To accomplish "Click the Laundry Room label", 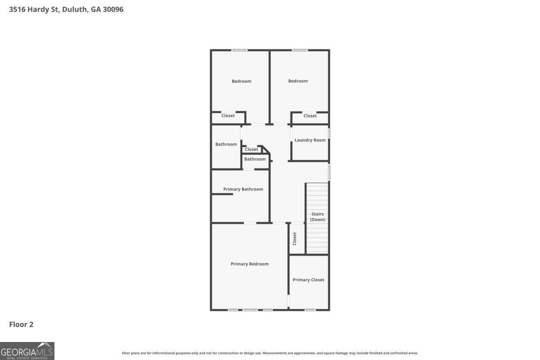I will point(310,140).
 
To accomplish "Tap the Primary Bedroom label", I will point(249,264).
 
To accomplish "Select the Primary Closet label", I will point(308,280).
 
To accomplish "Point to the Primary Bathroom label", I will point(243,189).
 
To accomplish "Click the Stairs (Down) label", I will point(318,217).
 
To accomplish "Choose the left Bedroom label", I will point(241,81).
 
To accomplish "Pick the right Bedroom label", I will point(298,81).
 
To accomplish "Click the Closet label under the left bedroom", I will point(228,116).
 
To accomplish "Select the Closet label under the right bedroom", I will point(310,116).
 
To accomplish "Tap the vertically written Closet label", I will point(295,238).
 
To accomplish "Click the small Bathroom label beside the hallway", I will point(255,159).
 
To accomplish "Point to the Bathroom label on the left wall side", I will point(226,144).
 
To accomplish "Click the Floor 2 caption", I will point(21,324).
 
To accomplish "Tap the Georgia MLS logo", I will point(27,351).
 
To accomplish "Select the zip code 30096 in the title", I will point(112,9).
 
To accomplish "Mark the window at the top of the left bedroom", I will point(239,50).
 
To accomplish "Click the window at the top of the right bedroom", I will point(300,50).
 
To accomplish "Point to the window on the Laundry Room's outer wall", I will point(329,133).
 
